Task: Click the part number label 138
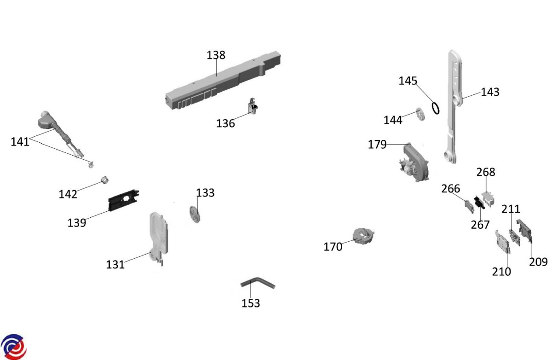216,55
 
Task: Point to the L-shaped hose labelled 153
257,283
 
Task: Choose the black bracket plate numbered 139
123,201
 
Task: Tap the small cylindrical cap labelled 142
104,180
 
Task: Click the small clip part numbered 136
253,107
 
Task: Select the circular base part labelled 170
363,235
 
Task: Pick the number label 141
20,142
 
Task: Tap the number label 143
490,92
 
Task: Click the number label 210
501,272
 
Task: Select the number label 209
538,262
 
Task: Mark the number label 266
450,189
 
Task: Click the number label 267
480,225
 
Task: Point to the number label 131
115,265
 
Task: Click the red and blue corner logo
13,347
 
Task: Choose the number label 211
511,209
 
